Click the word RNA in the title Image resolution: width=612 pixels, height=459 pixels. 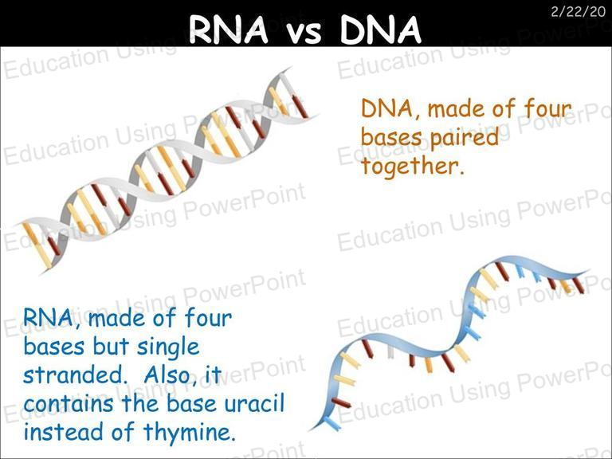point(229,29)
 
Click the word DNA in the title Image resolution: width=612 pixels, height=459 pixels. point(381,29)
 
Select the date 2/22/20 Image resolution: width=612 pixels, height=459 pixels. point(578,12)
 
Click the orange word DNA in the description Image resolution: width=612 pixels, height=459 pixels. point(386,108)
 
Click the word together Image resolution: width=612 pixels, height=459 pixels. point(413,166)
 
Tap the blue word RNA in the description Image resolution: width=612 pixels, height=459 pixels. point(48,318)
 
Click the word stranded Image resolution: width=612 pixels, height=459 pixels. point(73,375)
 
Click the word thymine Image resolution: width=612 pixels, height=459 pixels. point(190,433)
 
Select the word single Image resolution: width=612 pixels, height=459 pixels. point(168,347)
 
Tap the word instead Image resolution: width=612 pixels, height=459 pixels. point(65,431)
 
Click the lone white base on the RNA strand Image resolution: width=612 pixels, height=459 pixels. point(390,351)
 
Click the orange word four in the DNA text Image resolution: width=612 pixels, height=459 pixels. point(547,108)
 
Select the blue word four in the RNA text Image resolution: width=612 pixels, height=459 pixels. point(208,317)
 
